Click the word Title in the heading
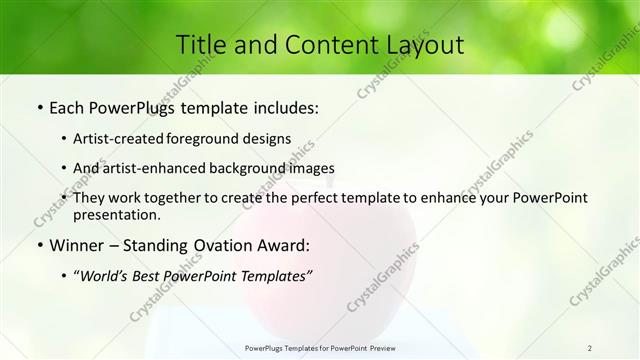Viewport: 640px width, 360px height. (201, 45)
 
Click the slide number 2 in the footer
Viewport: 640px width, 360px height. (590, 348)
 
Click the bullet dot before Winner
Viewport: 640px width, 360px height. (39, 245)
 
